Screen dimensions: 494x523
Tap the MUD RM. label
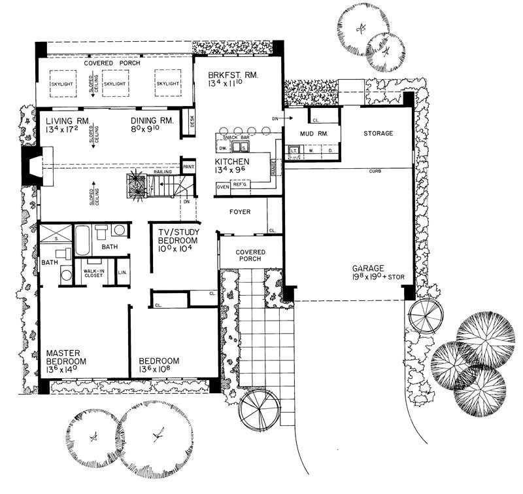pos(312,133)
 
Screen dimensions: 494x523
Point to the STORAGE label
pos(378,133)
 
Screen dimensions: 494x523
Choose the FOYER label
pos(240,211)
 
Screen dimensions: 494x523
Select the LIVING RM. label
pos(63,120)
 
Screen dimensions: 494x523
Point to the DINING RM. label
pos(151,120)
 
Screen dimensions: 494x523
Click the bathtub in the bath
pos(83,240)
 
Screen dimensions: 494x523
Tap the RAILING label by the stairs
pos(163,171)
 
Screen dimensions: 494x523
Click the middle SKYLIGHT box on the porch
pos(114,84)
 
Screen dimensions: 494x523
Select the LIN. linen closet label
pos(122,273)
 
